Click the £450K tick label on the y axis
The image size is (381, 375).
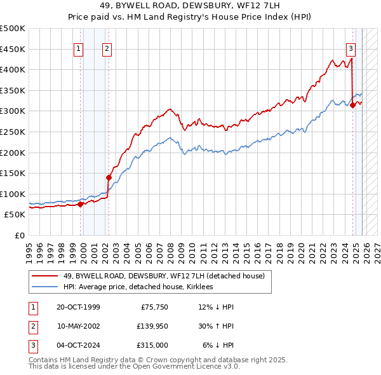tap(13, 49)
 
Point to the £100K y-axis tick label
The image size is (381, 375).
tap(13, 194)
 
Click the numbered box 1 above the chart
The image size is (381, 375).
tap(78, 49)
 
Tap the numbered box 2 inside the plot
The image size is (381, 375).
tap(107, 49)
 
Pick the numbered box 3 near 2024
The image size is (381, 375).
tap(350, 49)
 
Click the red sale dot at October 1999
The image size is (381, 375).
tap(81, 204)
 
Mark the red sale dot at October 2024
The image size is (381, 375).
tap(352, 106)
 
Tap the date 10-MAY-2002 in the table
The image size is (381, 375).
tap(78, 325)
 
